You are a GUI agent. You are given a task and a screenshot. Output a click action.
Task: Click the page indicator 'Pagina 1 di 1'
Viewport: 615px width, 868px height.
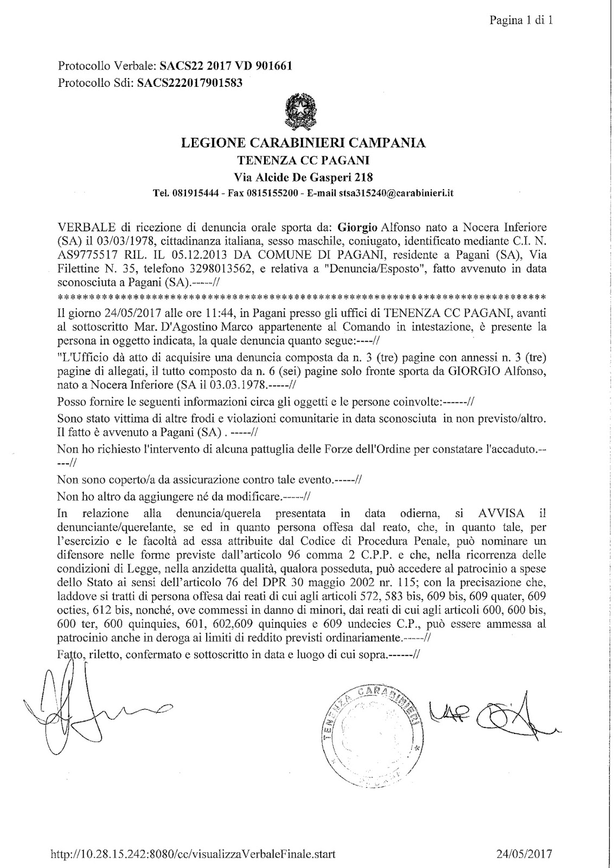521,21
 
